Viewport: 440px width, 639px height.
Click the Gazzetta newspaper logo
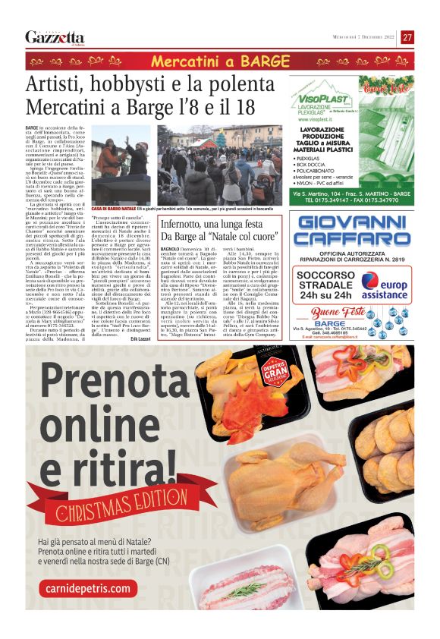click(x=55, y=37)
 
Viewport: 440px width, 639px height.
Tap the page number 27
click(x=407, y=37)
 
